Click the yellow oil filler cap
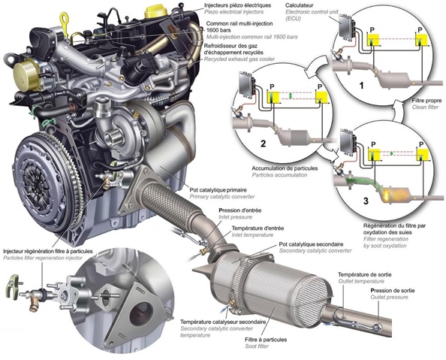click(154, 12)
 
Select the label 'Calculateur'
click(300, 5)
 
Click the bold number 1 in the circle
click(361, 85)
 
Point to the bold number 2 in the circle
click(263, 144)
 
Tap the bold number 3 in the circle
click(366, 201)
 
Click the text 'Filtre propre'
click(426, 101)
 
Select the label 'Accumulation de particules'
click(285, 168)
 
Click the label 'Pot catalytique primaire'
click(218, 190)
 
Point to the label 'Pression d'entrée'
click(240, 210)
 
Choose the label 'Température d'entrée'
click(258, 228)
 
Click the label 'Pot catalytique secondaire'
click(311, 244)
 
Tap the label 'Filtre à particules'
click(266, 340)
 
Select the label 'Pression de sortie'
click(392, 291)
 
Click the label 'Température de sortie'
click(365, 275)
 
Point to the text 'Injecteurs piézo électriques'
click(237, 5)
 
